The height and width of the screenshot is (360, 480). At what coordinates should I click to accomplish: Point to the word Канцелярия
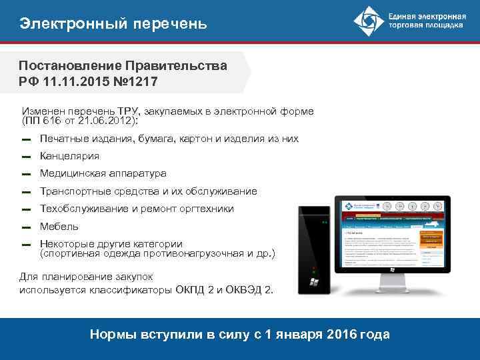69,156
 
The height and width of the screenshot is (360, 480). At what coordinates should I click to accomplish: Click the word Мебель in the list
59,227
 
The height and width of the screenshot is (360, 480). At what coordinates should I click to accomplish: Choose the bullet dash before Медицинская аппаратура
25,174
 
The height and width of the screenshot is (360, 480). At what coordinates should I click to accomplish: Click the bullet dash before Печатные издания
25,139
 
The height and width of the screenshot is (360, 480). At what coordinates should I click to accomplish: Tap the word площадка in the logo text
443,27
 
